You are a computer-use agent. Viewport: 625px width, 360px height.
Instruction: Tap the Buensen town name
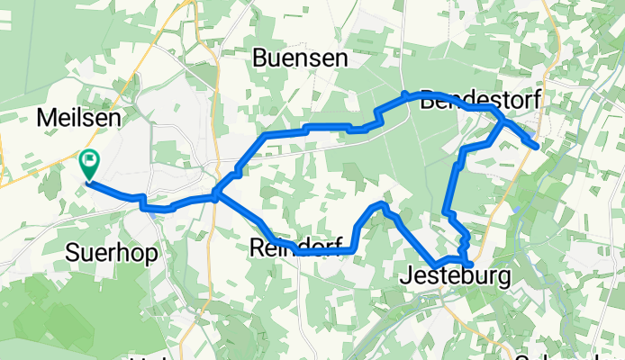pyautogui.click(x=300, y=58)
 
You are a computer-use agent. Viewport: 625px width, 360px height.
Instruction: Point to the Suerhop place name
pyautogui.click(x=112, y=253)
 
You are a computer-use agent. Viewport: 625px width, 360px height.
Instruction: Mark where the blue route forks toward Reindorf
pyautogui.click(x=217, y=193)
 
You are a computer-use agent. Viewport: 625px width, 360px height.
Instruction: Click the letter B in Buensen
pyautogui.click(x=260, y=58)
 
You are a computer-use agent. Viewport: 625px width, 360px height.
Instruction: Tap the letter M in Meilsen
pyautogui.click(x=44, y=117)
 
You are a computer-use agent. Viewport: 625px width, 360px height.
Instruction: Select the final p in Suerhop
pyautogui.click(x=150, y=255)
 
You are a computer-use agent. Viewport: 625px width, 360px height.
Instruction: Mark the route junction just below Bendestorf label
pyautogui.click(x=502, y=122)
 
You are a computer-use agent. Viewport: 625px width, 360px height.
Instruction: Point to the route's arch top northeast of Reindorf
pyautogui.click(x=380, y=206)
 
